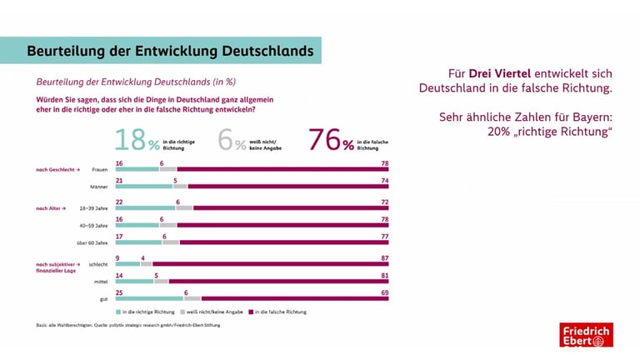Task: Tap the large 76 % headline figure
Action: [x=332, y=140]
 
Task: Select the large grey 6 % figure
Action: [x=232, y=140]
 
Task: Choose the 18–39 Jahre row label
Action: [x=94, y=207]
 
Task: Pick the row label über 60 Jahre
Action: [x=92, y=243]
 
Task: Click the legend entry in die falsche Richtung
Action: [x=283, y=311]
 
